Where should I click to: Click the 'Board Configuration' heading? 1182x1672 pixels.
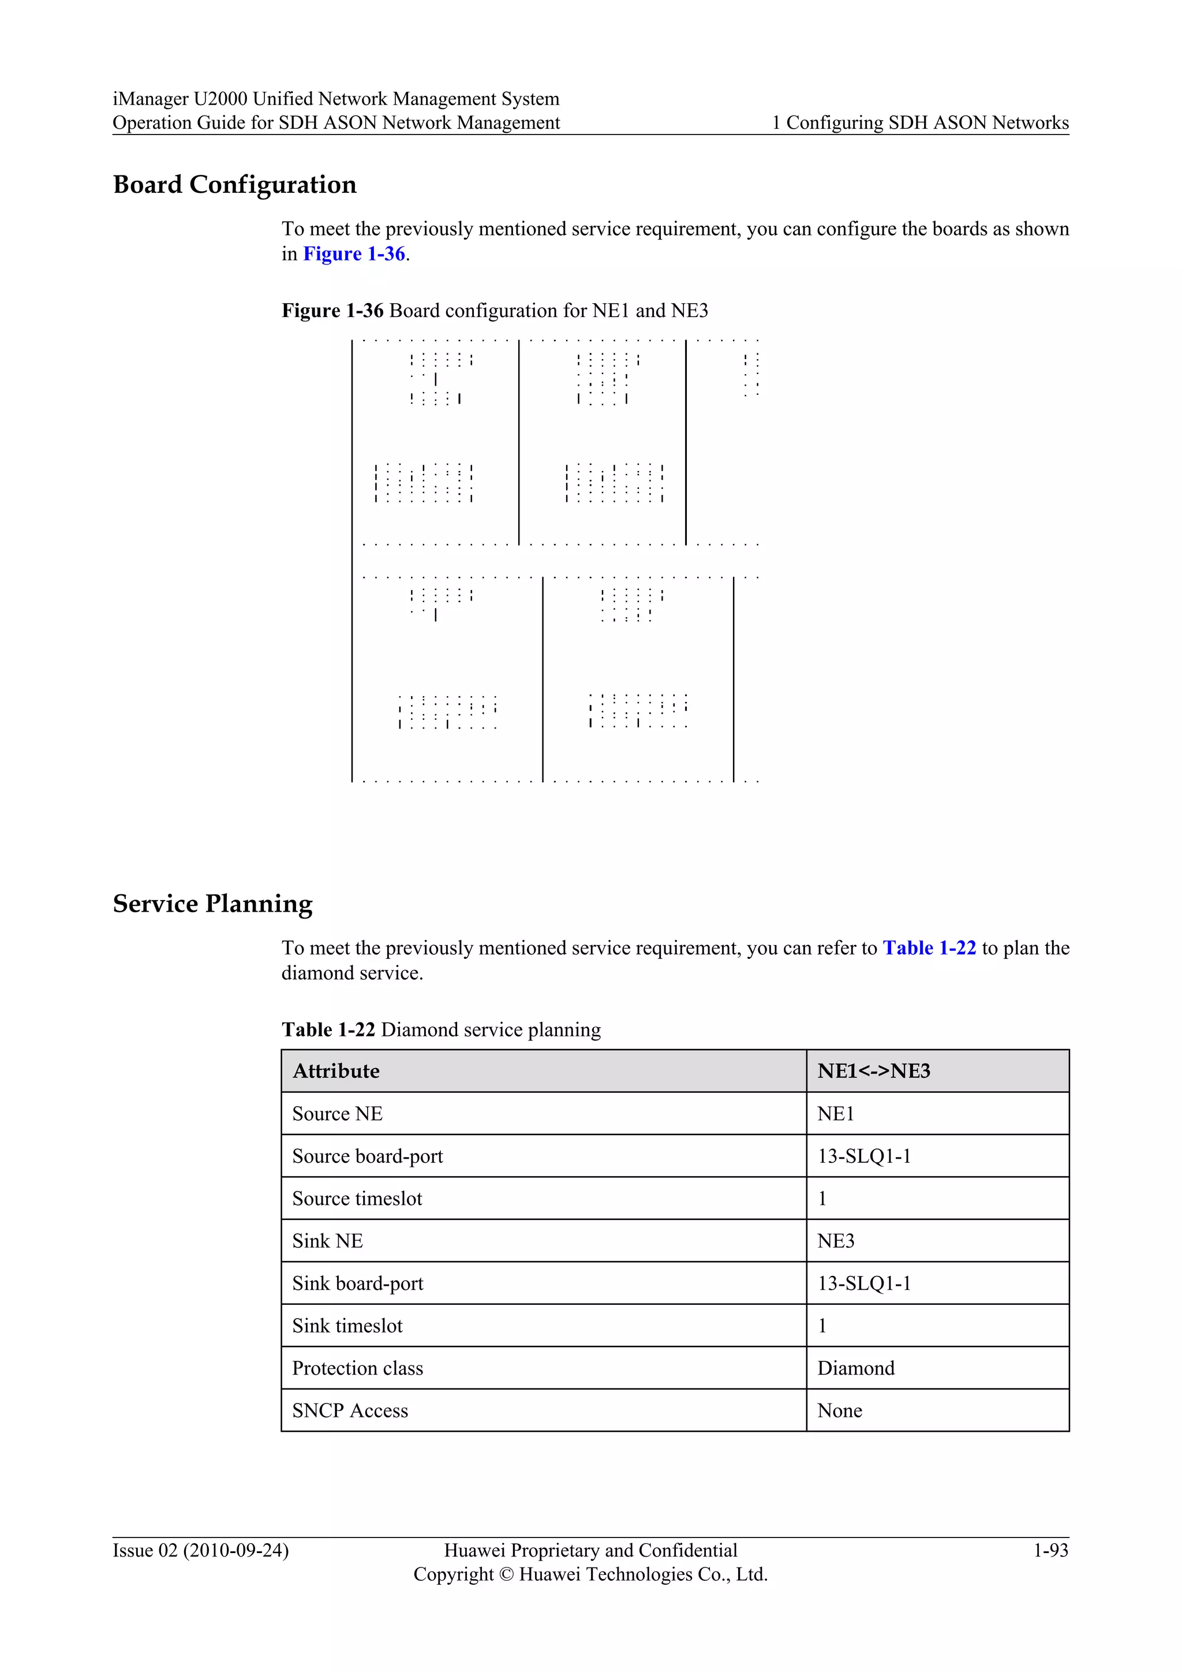pyautogui.click(x=234, y=185)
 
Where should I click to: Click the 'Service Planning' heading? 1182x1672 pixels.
pyautogui.click(x=212, y=904)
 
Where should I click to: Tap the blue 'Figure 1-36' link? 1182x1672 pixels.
pyautogui.click(x=354, y=253)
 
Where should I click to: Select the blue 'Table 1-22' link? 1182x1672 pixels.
pyautogui.click(x=929, y=948)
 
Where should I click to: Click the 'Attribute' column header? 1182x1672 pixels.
pyautogui.click(x=336, y=1071)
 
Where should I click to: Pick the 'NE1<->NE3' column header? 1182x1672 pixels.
pyautogui.click(x=873, y=1071)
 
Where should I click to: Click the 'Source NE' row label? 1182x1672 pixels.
pyautogui.click(x=337, y=1114)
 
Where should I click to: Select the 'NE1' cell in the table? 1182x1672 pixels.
pyautogui.click(x=836, y=1114)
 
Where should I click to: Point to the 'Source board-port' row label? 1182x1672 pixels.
pyautogui.click(x=368, y=1156)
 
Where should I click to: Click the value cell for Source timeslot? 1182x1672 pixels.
pyautogui.click(x=822, y=1199)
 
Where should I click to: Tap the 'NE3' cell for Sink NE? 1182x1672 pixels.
pyautogui.click(x=836, y=1241)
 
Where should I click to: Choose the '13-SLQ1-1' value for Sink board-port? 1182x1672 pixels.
pyautogui.click(x=864, y=1283)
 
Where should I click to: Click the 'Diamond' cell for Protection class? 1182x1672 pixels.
pyautogui.click(x=856, y=1368)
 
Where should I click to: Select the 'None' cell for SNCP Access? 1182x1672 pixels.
pyautogui.click(x=839, y=1410)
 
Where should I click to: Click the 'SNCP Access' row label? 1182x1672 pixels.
pyautogui.click(x=350, y=1410)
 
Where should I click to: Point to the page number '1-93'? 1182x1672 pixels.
pyautogui.click(x=1050, y=1550)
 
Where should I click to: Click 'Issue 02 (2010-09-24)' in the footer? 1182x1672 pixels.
pyautogui.click(x=200, y=1550)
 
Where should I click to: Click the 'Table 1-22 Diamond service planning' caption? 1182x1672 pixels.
pyautogui.click(x=441, y=1030)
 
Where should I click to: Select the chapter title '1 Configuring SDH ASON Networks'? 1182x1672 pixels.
pyautogui.click(x=920, y=122)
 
